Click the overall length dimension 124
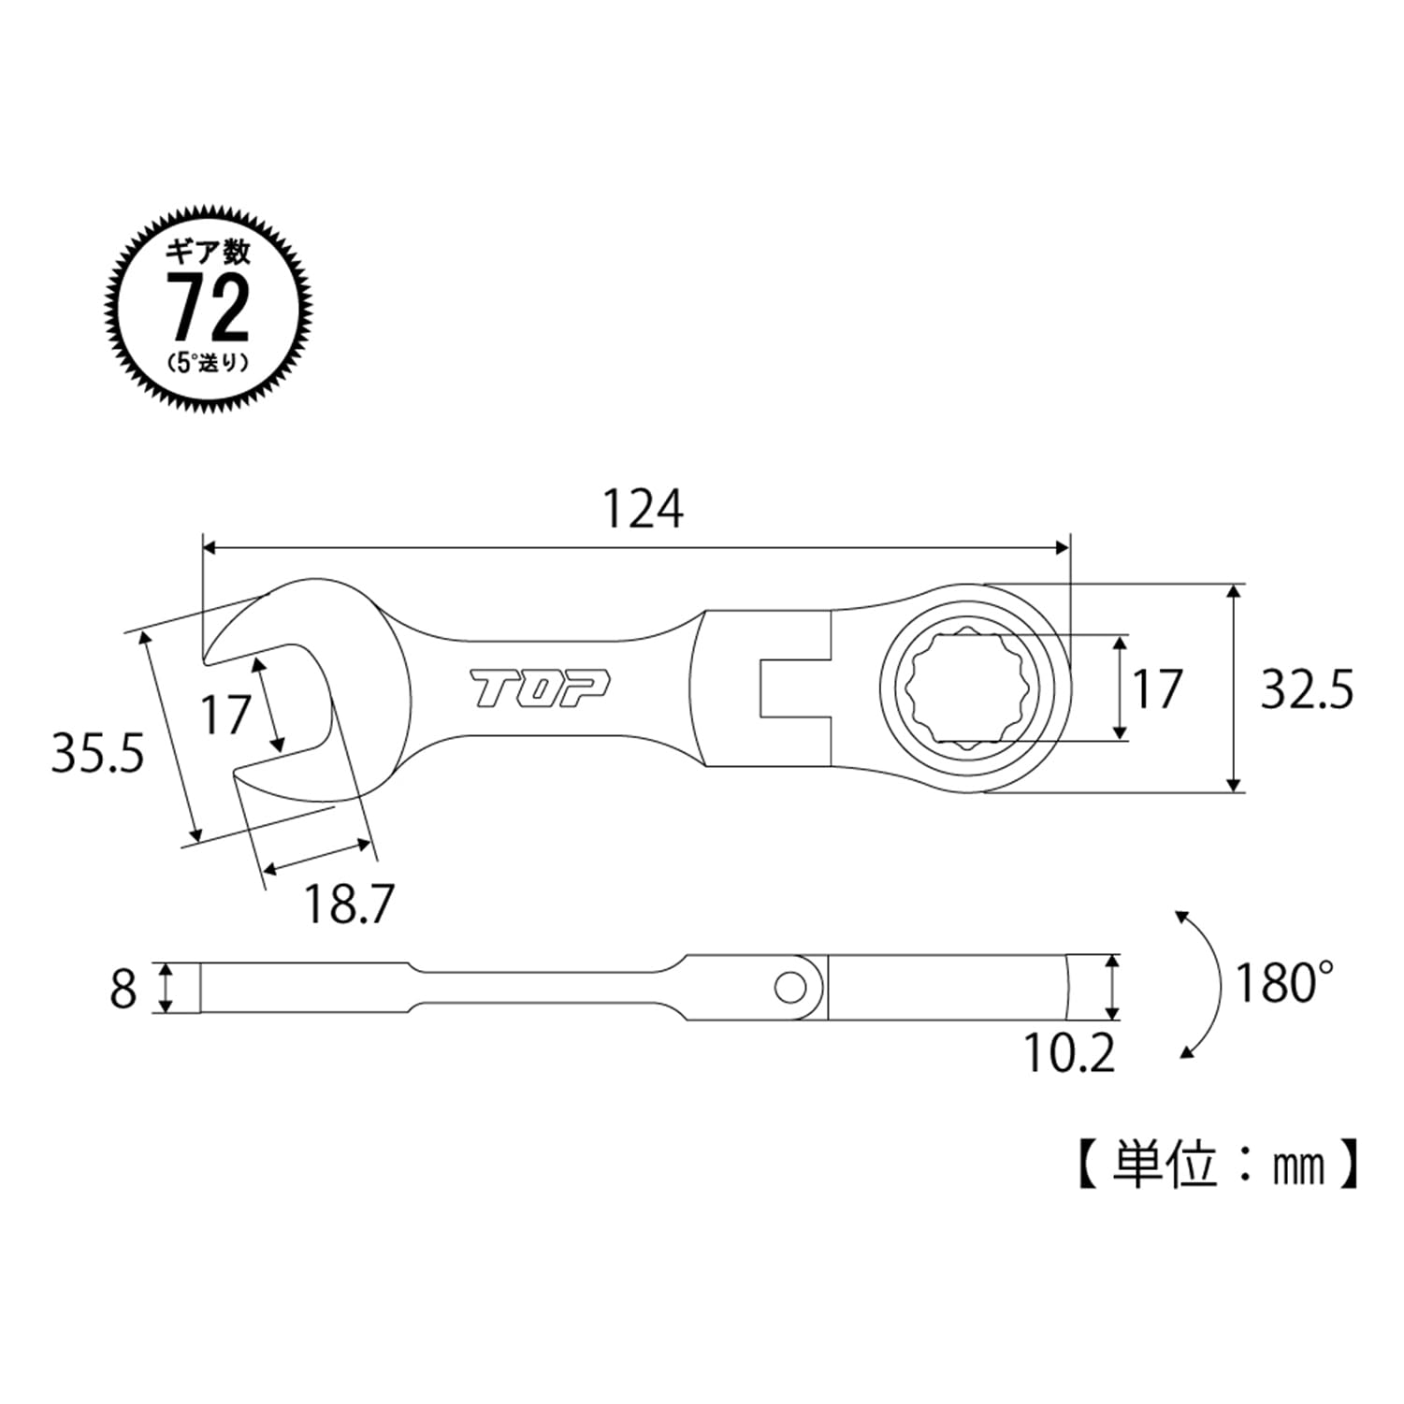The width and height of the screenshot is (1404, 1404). point(642,510)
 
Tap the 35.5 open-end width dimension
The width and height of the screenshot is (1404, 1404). point(97,753)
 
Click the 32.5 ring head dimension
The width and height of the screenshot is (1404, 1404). point(1307,690)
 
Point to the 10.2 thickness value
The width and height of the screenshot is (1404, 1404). point(1070,1054)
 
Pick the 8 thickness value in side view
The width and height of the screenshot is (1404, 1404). point(123,989)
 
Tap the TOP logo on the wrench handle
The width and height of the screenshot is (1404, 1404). point(540,689)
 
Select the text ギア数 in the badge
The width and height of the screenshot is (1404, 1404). point(209,253)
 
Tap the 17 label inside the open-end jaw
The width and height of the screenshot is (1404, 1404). point(225,716)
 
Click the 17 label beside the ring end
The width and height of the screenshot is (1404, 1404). point(1158,689)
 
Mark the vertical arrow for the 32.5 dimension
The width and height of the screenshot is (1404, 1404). point(1236,689)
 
